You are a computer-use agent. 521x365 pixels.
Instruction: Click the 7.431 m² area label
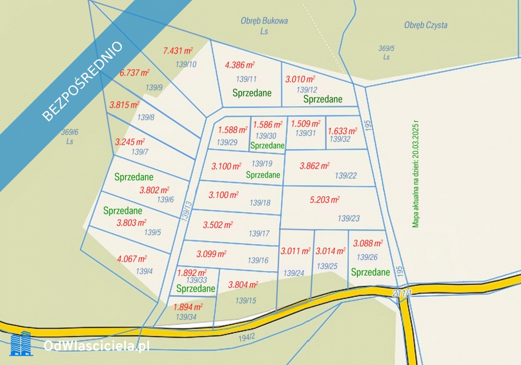[x=178, y=51]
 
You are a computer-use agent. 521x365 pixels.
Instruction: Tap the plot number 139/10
[x=186, y=65]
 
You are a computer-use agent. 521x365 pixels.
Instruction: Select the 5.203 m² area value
[x=325, y=200]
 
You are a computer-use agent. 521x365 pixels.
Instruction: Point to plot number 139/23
[x=349, y=219]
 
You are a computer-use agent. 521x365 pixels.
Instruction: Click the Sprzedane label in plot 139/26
[x=370, y=272]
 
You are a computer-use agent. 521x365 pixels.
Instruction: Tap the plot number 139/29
[x=227, y=143]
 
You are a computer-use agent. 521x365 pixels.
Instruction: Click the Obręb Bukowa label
[x=264, y=21]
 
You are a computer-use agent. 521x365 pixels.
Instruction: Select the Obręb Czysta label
[x=426, y=25]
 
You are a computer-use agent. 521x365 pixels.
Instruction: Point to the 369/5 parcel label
[x=386, y=48]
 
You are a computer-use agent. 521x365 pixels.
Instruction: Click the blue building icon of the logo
[x=21, y=344]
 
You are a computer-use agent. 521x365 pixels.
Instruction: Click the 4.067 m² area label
[x=132, y=258]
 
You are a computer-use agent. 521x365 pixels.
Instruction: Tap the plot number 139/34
[x=186, y=317]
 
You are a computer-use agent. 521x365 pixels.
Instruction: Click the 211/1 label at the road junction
[x=403, y=294]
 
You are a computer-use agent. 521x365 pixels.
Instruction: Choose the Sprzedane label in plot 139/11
[x=252, y=93]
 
